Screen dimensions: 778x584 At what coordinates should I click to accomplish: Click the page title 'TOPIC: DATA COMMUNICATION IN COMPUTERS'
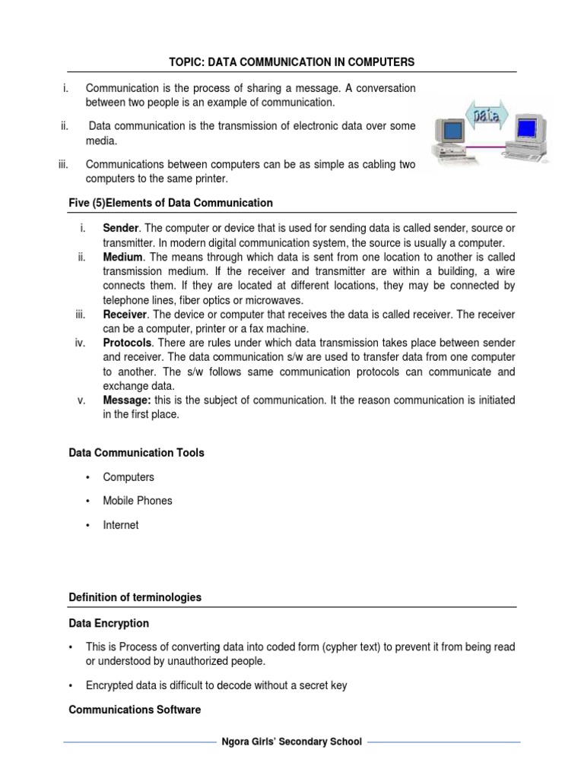coord(292,61)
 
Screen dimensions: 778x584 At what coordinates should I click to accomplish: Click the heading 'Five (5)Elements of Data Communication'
coord(170,203)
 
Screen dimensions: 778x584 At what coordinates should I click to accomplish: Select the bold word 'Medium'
coord(122,258)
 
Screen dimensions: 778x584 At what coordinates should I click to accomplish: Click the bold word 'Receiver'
coord(124,315)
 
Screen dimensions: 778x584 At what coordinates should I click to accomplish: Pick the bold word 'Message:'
coord(125,400)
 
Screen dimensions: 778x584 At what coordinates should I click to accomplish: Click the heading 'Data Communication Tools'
coord(136,453)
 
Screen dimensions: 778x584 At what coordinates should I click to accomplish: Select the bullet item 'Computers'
coord(129,477)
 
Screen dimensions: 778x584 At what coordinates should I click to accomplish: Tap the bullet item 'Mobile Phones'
coord(138,501)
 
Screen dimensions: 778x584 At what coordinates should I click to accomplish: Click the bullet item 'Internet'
coord(121,525)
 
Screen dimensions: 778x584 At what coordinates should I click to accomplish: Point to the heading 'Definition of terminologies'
coord(135,597)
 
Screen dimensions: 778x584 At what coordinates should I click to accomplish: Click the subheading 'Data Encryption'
coord(109,623)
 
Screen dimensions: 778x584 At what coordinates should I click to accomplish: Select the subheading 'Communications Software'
coord(135,710)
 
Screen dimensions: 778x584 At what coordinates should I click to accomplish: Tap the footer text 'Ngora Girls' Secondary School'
coord(291,742)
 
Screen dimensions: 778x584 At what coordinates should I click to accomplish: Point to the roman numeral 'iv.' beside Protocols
coord(80,343)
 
